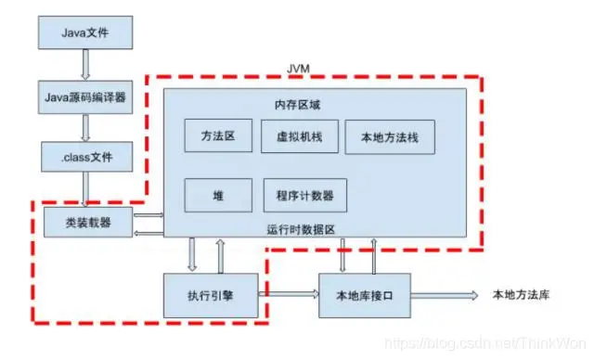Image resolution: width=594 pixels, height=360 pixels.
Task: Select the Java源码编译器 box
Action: click(84, 95)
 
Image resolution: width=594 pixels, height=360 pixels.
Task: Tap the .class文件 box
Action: click(84, 156)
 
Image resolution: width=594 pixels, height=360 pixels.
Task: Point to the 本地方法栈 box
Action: click(389, 136)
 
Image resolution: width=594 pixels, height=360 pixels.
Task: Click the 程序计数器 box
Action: click(304, 195)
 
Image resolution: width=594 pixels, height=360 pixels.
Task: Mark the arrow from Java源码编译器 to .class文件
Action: click(84, 125)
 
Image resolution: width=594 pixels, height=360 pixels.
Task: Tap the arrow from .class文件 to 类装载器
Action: click(84, 188)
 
